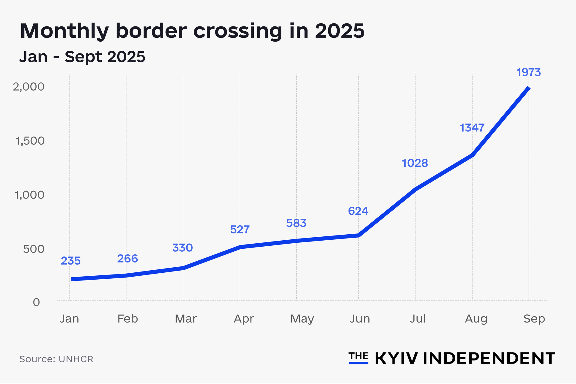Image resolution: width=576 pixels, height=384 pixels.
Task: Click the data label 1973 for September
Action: pyautogui.click(x=529, y=72)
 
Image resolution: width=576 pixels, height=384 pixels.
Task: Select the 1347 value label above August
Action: pyautogui.click(x=472, y=128)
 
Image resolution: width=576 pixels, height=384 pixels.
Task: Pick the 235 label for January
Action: pyautogui.click(x=70, y=261)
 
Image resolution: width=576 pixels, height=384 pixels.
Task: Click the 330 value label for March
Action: pyautogui.click(x=182, y=247)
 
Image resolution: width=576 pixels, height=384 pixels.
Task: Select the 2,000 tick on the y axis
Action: pyautogui.click(x=28, y=87)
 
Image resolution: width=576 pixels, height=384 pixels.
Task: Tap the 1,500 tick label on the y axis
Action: pyautogui.click(x=30, y=141)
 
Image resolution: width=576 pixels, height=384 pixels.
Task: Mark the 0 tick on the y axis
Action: pyautogui.click(x=36, y=302)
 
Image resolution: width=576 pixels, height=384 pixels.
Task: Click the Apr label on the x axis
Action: pyautogui.click(x=244, y=319)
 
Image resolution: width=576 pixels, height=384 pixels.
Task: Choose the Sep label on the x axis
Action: pyautogui.click(x=534, y=319)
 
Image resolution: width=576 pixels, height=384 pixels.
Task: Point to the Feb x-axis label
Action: pyautogui.click(x=127, y=319)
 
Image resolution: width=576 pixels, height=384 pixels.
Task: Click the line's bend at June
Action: pyautogui.click(x=358, y=235)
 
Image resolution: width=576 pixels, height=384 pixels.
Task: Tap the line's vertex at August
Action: pyautogui.click(x=472, y=155)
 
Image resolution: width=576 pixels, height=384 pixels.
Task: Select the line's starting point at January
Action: pyautogui.click(x=72, y=279)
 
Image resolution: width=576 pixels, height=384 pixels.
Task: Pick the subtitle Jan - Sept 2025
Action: pyautogui.click(x=82, y=56)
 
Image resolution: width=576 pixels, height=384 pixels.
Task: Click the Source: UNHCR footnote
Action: pyautogui.click(x=56, y=359)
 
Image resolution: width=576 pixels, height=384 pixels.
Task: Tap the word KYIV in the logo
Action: pyautogui.click(x=396, y=358)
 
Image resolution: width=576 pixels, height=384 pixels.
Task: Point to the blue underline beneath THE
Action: pyautogui.click(x=358, y=363)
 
